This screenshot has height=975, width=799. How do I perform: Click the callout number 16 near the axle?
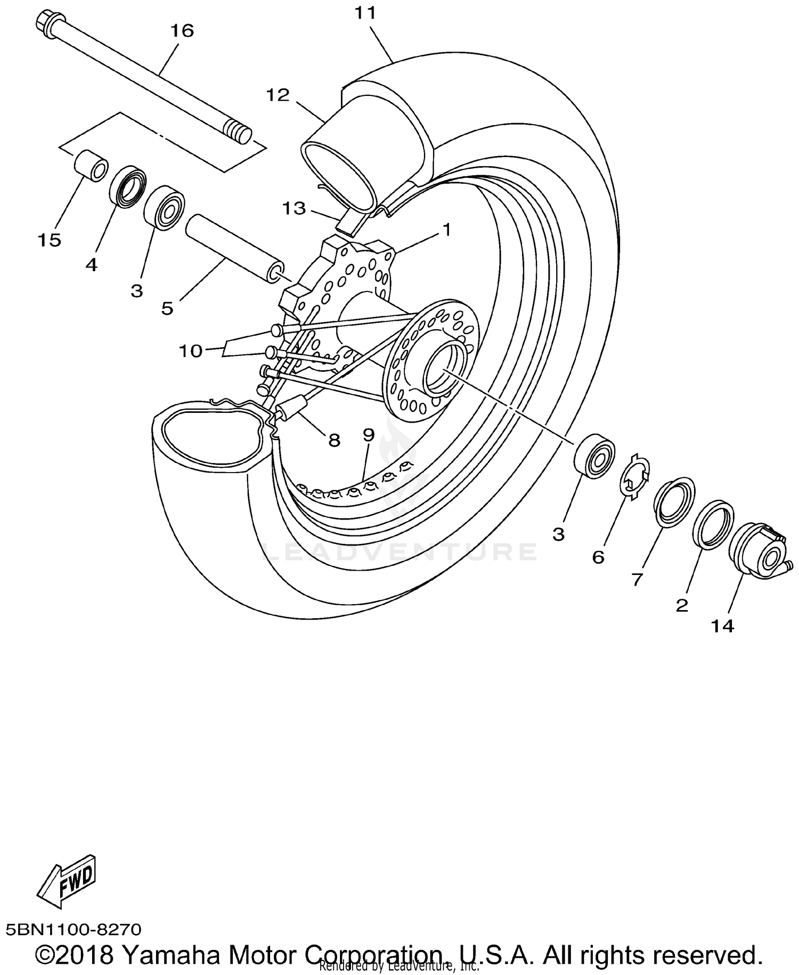[182, 31]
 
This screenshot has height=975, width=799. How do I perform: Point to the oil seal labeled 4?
[128, 186]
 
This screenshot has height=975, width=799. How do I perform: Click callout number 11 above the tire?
[365, 13]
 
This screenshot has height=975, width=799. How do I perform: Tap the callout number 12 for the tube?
[278, 95]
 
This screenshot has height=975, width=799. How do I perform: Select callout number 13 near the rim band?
[294, 208]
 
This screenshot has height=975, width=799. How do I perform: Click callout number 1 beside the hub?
[446, 230]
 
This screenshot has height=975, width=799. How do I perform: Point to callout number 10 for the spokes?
[190, 351]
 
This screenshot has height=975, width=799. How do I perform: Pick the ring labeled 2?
[714, 524]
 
